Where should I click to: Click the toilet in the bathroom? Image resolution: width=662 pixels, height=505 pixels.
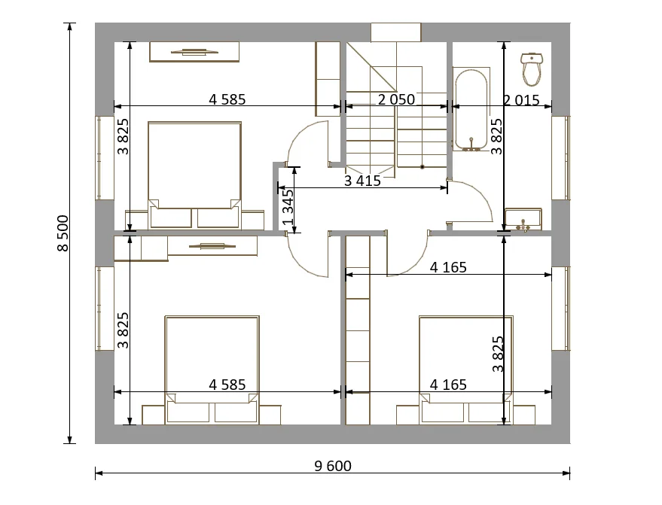[532, 68]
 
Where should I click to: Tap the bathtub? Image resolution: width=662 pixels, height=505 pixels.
[471, 109]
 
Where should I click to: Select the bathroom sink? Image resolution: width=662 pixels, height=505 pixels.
[523, 219]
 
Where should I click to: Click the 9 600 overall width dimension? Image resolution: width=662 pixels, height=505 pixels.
[333, 466]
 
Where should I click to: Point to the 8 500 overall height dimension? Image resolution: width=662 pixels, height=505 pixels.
[63, 233]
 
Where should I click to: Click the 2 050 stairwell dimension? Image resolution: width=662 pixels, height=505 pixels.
[396, 99]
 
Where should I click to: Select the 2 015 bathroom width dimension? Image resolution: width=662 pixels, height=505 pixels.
[521, 100]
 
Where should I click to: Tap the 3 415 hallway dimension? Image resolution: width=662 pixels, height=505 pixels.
[362, 181]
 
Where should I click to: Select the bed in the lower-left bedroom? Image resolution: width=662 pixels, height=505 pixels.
[212, 369]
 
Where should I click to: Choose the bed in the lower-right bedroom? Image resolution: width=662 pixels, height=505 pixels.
[466, 369]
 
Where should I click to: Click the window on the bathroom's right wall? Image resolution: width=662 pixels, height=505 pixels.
[560, 157]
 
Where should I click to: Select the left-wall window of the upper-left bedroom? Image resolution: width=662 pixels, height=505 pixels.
[104, 157]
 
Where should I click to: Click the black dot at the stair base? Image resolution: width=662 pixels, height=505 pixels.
[422, 167]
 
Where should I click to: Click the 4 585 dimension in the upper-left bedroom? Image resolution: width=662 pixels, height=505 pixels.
[227, 99]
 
